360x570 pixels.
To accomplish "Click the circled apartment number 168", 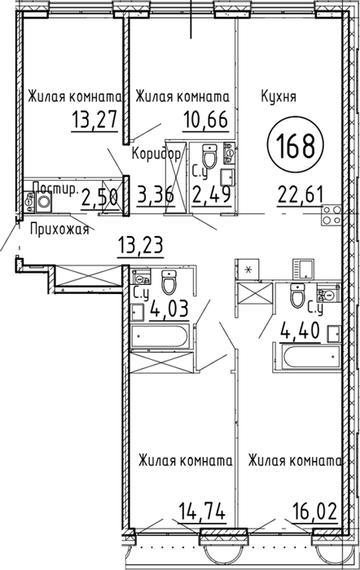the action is [x=296, y=144].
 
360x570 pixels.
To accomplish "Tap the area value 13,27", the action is [x=95, y=120].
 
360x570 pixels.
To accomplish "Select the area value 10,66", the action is [x=205, y=120].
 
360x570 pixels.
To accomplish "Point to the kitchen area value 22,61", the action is [x=301, y=195].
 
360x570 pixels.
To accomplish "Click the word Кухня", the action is [x=279, y=97].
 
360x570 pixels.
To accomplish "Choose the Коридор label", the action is [x=156, y=155].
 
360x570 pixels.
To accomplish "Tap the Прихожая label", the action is [x=59, y=230].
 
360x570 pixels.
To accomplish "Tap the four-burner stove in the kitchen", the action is [x=331, y=215].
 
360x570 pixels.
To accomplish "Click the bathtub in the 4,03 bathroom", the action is [x=160, y=336].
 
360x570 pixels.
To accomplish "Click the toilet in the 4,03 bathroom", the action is [x=169, y=282].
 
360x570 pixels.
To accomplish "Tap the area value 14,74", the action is [x=202, y=511].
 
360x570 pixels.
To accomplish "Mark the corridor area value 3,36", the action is [x=156, y=195].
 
